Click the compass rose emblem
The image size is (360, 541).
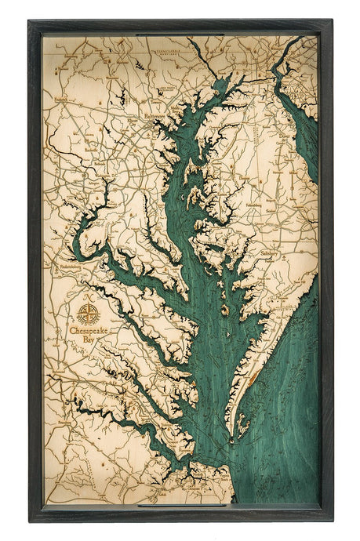88,314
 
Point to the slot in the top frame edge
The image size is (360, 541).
180,34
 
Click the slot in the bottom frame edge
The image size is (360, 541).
180,505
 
